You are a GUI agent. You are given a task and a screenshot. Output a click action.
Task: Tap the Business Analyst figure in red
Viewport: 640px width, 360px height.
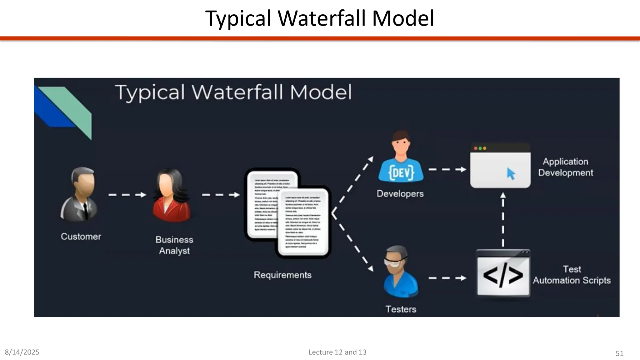[171, 196]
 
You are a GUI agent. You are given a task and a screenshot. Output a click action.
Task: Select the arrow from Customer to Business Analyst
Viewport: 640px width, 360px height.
[127, 195]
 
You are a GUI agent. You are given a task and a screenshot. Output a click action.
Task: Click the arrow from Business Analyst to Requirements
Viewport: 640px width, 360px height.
[221, 195]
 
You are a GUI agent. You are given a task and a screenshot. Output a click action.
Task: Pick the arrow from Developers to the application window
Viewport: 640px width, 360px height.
[447, 170]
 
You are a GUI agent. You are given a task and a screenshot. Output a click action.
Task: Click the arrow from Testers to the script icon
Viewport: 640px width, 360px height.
[447, 278]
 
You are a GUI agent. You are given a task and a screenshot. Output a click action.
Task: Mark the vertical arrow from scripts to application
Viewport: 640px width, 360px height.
[503, 220]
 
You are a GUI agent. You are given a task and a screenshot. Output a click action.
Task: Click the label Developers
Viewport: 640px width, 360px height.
[400, 194]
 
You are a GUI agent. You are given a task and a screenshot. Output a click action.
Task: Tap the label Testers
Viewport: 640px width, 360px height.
[401, 309]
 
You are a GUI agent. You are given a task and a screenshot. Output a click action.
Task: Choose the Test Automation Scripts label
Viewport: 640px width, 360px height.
[572, 275]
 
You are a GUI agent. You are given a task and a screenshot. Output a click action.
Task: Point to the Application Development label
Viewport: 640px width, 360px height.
[565, 167]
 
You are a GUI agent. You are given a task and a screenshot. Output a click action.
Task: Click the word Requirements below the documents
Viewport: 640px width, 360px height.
[282, 275]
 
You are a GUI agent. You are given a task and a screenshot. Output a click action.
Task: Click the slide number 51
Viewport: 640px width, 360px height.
[619, 353]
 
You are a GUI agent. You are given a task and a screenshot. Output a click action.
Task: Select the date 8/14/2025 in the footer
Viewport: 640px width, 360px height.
[22, 352]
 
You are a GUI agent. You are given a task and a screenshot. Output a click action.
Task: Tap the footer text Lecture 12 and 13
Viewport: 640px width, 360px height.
[337, 352]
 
